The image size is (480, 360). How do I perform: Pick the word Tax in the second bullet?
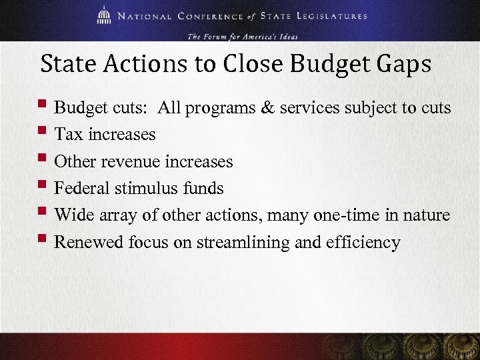67,134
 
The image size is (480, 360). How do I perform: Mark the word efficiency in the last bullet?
363,242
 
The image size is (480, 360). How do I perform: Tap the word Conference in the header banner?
202,15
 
